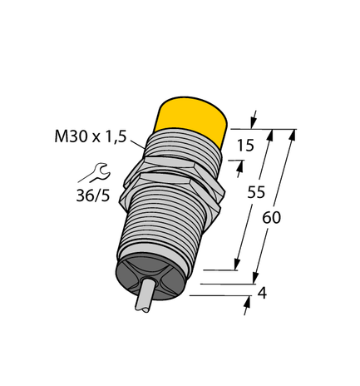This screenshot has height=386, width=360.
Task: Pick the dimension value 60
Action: tap(272, 218)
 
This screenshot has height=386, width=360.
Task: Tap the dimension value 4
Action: tap(262, 292)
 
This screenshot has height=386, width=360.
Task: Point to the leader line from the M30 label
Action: tap(138, 149)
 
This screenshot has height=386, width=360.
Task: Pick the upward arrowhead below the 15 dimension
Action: tap(242, 166)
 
